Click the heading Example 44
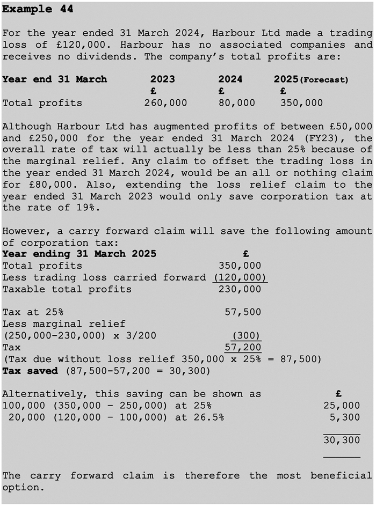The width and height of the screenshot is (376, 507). [38, 9]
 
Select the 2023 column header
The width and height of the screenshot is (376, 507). [162, 79]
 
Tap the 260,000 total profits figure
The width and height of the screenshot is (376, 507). [165, 102]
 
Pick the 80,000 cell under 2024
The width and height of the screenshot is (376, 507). [237, 102]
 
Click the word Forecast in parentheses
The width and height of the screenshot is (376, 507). [324, 80]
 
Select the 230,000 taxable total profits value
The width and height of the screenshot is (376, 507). [240, 289]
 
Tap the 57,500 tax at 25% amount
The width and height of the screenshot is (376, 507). [243, 312]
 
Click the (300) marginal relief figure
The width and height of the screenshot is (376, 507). [246, 335]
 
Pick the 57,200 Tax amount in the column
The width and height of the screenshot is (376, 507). [243, 347]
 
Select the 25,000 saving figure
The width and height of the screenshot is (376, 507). [342, 406]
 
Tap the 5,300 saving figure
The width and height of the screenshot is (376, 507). [345, 417]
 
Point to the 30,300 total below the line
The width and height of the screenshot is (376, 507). [342, 440]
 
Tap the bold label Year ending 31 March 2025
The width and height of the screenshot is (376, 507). [79, 254]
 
